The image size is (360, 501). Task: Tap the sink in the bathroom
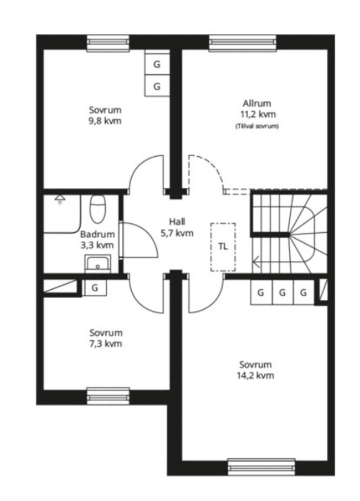[97, 264]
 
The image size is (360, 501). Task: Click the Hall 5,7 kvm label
[177, 227]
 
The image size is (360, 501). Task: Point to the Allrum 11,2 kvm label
[257, 109]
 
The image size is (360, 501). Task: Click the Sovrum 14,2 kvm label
[255, 370]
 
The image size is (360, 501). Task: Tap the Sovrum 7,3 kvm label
[106, 338]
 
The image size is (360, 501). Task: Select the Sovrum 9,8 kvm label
[105, 115]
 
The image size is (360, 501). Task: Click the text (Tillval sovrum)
[257, 126]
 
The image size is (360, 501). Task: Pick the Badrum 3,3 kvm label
[97, 240]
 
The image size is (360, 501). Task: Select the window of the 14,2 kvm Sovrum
[262, 467]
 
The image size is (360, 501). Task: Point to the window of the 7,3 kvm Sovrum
[108, 396]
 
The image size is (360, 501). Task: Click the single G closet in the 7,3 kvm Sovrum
[95, 288]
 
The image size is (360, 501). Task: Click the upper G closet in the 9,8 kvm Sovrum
[157, 64]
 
